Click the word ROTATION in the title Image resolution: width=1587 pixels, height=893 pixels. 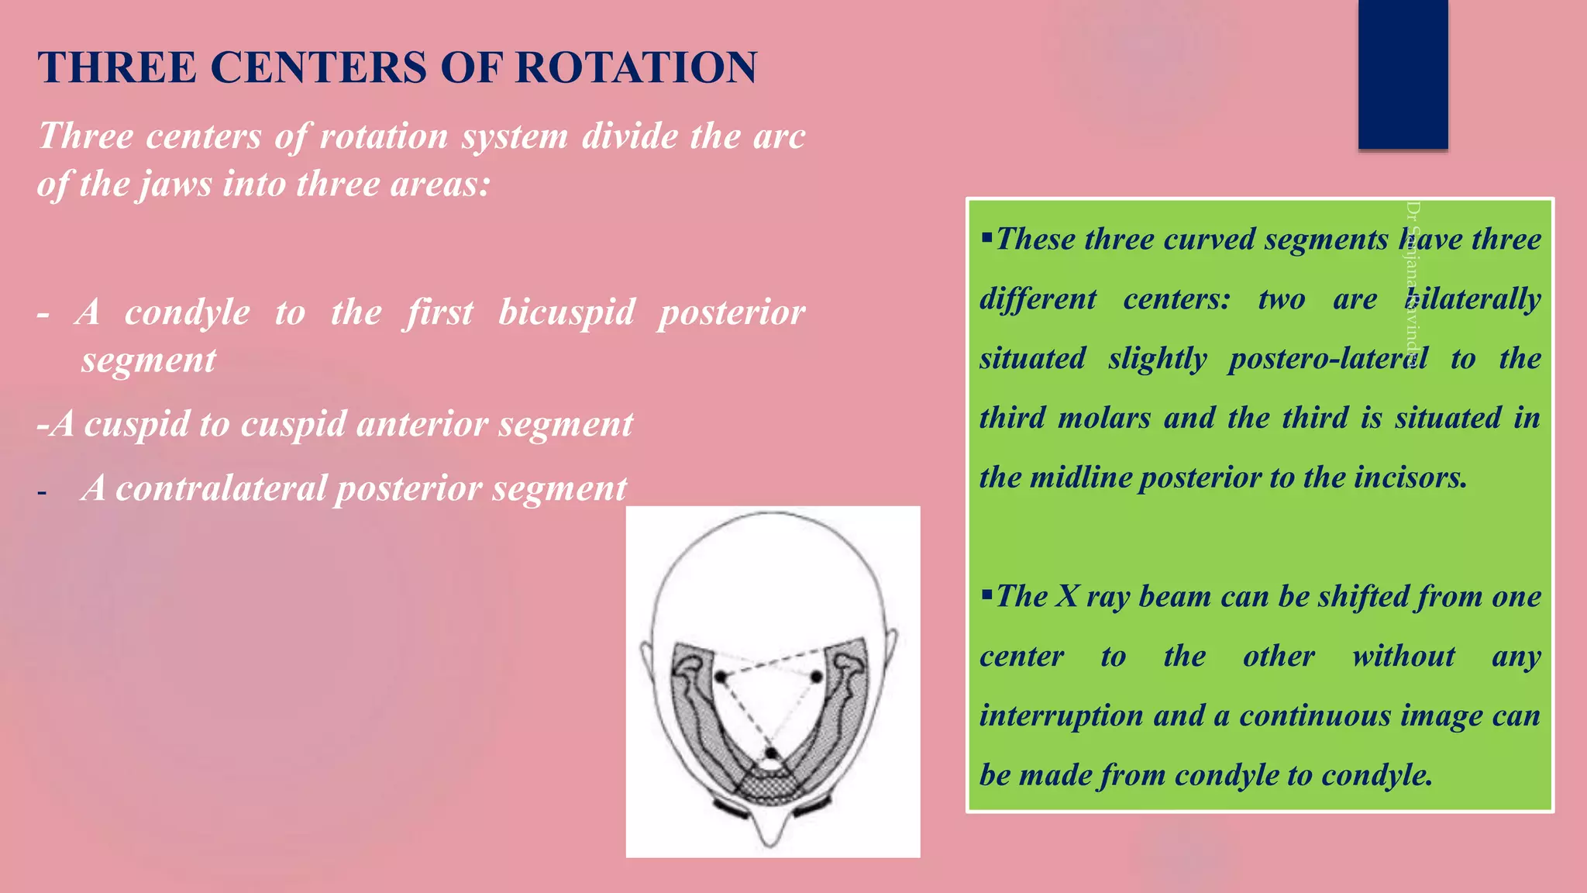point(635,67)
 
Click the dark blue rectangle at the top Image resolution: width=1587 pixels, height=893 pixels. point(1403,74)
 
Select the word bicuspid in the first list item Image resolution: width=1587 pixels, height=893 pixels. point(566,312)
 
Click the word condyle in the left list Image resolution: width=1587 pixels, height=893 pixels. point(188,312)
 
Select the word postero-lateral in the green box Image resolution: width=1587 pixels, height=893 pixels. point(1327,359)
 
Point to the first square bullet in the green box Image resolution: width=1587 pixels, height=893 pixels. point(986,236)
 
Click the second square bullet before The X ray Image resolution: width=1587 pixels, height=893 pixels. point(986,595)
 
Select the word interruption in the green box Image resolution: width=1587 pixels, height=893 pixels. point(1061,715)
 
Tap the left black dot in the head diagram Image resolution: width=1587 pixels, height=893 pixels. point(721,677)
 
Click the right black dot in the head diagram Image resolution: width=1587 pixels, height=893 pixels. point(816,677)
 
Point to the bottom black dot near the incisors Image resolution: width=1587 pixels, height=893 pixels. point(770,753)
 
